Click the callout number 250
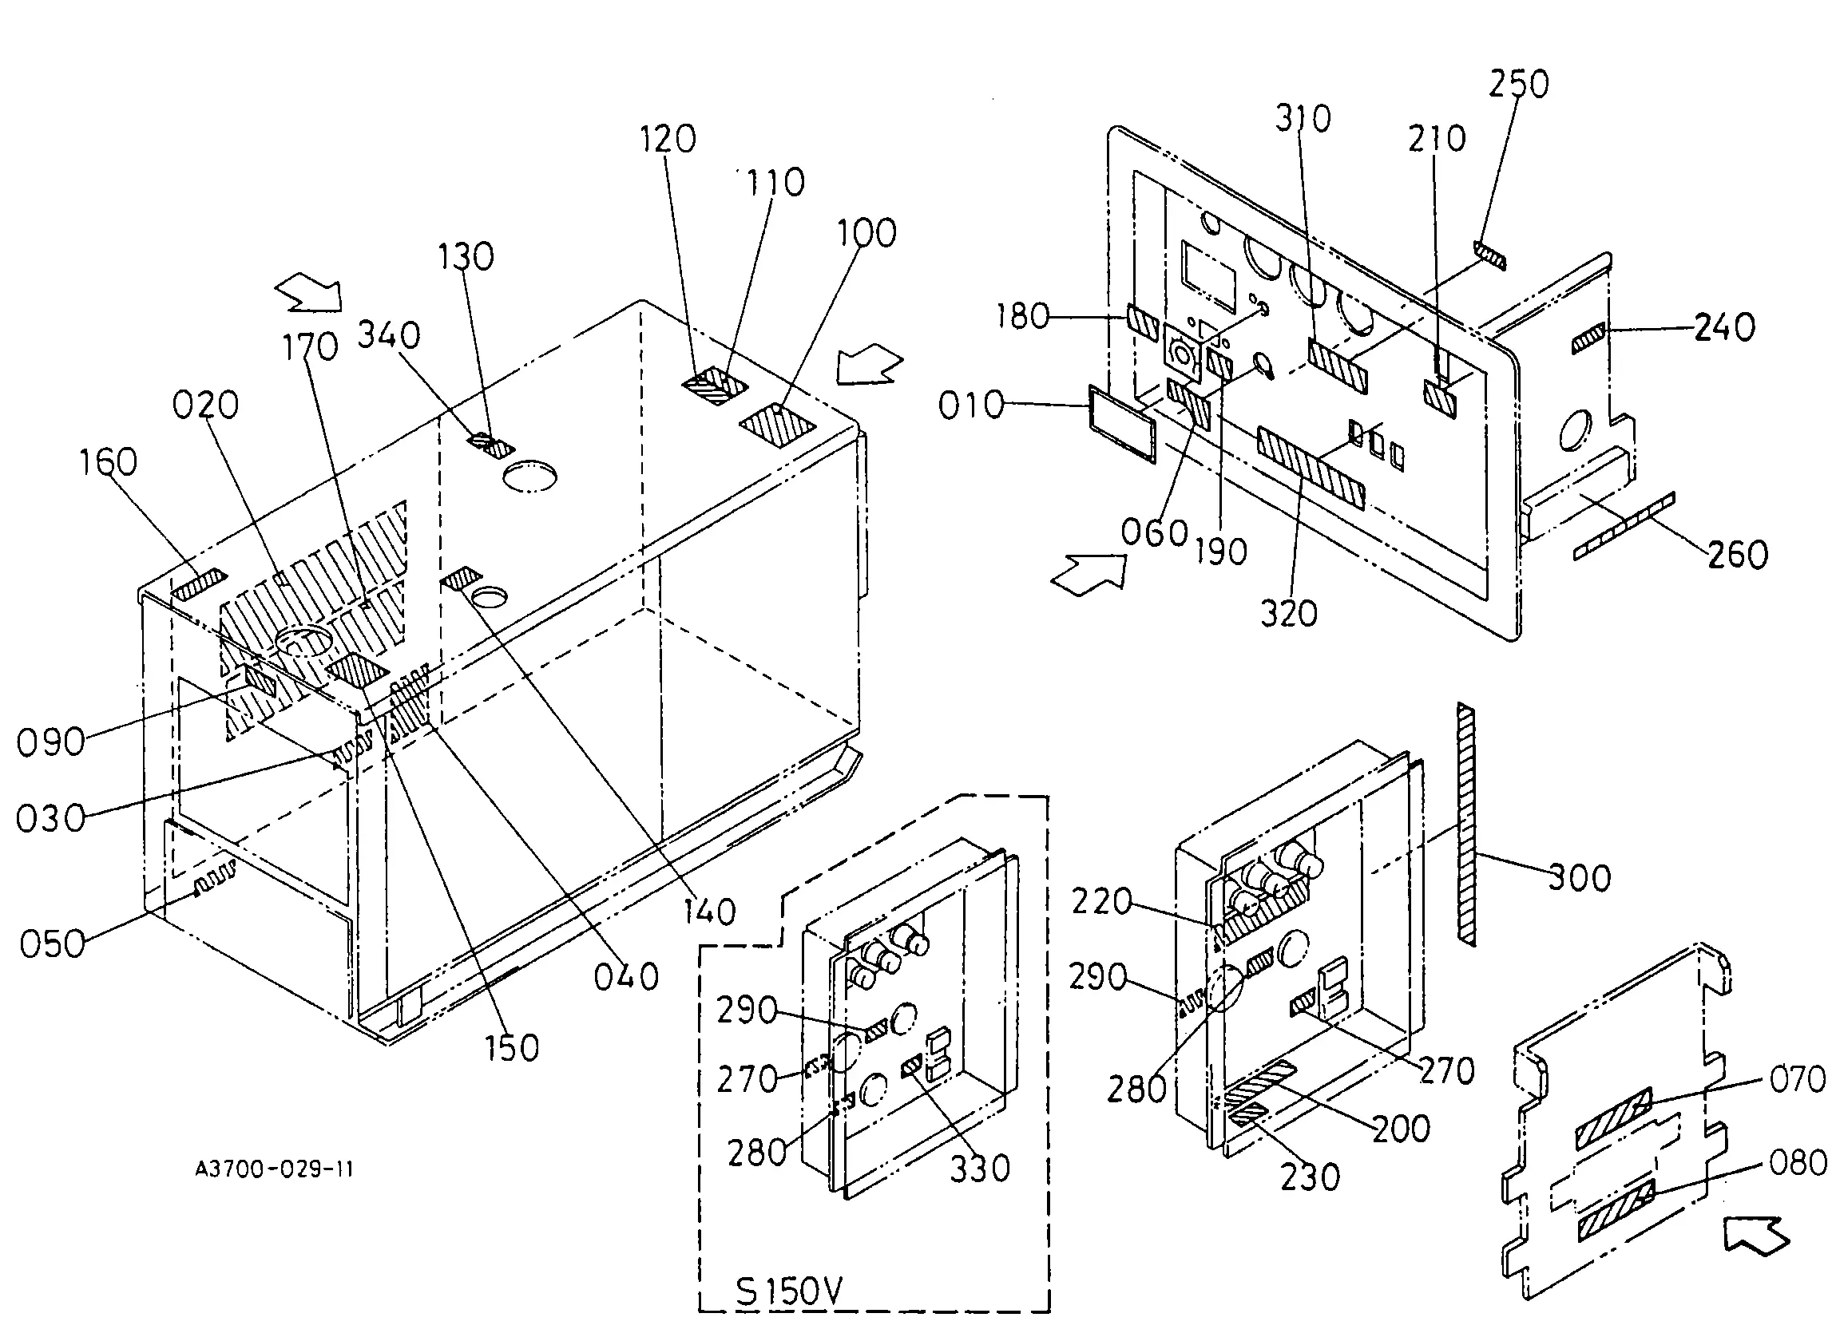click(1519, 84)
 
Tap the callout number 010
click(970, 405)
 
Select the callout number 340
click(389, 334)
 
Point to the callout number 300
click(1580, 877)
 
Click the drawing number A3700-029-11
click(275, 1169)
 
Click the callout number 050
click(53, 943)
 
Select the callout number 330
click(980, 1169)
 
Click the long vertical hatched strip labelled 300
click(1465, 823)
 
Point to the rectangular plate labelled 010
click(1122, 425)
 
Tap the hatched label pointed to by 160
click(199, 584)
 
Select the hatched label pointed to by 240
click(1588, 338)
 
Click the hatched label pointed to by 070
click(1613, 1119)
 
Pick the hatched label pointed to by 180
click(1143, 324)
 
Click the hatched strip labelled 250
click(1490, 255)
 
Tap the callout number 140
click(709, 912)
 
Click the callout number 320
click(1289, 614)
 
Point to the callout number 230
click(1310, 1177)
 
